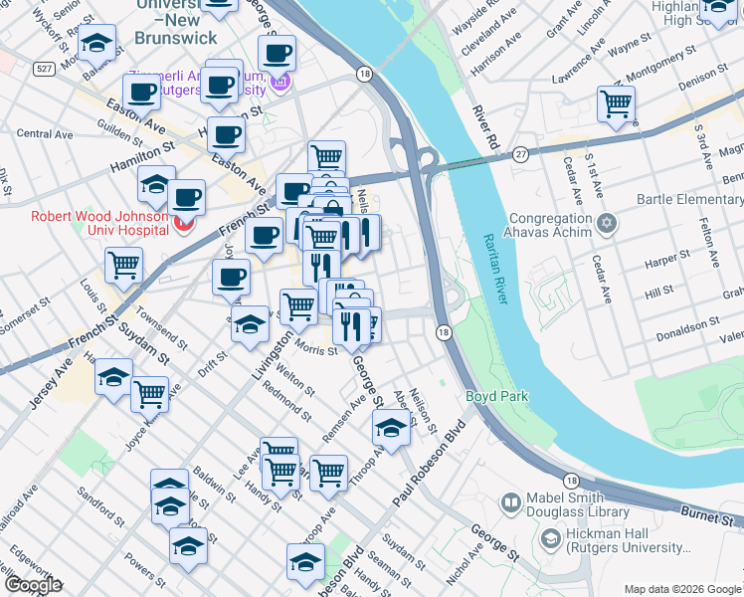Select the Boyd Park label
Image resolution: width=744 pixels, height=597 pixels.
[496, 397]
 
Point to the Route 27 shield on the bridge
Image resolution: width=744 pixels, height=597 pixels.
[520, 154]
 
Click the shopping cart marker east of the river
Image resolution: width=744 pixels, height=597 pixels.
[617, 103]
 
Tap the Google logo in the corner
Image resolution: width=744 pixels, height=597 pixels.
[32, 584]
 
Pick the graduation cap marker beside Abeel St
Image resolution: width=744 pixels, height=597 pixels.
[391, 429]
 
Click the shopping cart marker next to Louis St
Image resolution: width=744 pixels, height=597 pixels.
[124, 265]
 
